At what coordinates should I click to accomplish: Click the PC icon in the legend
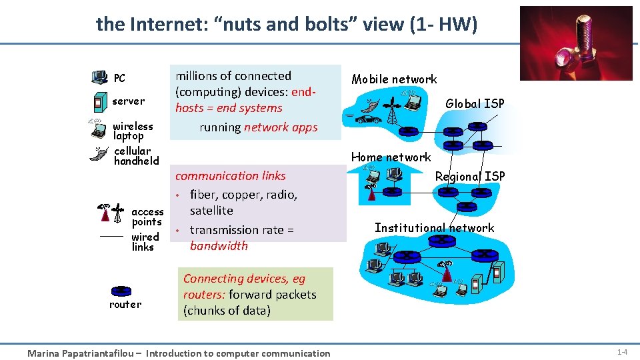(99, 77)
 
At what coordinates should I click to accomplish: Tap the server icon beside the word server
(99, 102)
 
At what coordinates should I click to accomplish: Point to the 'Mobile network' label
(394, 79)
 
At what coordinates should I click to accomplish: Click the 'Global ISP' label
(475, 103)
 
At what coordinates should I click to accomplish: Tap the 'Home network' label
(391, 157)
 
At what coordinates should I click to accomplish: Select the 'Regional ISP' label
(470, 176)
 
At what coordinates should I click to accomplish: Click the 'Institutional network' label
(434, 228)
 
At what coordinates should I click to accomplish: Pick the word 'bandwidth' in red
(219, 246)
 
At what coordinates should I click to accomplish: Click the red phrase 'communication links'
(230, 176)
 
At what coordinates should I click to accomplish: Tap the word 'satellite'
(211, 211)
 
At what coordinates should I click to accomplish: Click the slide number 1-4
(621, 351)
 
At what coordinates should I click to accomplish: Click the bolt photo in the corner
(575, 43)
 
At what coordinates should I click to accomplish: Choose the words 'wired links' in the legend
(144, 242)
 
